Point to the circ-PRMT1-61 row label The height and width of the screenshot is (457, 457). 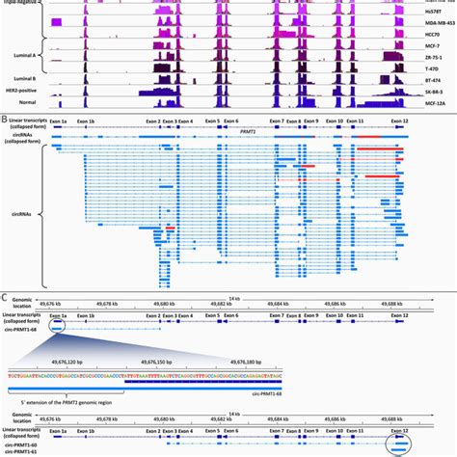click(x=22, y=450)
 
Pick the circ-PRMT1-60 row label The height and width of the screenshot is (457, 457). click(x=22, y=443)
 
